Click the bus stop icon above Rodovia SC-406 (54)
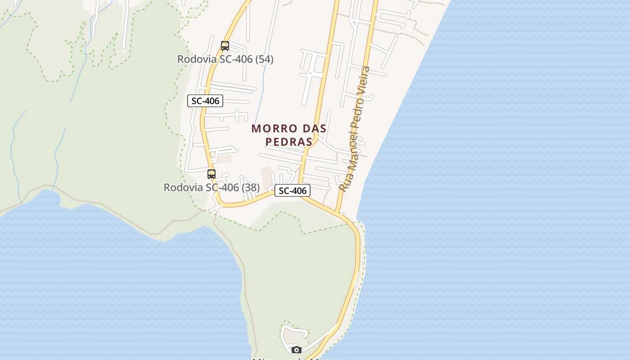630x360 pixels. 225,46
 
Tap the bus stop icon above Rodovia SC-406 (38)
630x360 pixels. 211,174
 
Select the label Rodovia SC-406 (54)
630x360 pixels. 225,59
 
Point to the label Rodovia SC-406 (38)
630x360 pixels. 211,187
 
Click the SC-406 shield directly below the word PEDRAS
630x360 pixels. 292,191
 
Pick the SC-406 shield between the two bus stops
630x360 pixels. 205,101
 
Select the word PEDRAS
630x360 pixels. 289,142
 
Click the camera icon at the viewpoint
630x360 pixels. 296,350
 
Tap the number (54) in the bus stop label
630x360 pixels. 264,59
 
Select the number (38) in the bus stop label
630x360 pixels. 251,187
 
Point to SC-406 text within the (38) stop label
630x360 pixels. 222,187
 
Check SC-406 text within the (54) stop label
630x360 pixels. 236,59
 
